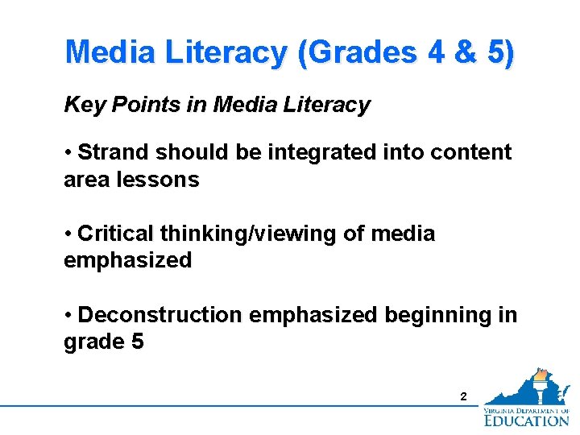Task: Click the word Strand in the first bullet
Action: (x=114, y=152)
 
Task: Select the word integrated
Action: (x=312, y=152)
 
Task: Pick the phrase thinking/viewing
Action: (x=242, y=234)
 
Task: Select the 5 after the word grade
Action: (x=136, y=342)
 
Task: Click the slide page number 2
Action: (x=462, y=396)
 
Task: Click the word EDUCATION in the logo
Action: (x=526, y=419)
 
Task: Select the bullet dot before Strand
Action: (x=70, y=152)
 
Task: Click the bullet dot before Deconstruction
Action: (x=70, y=315)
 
